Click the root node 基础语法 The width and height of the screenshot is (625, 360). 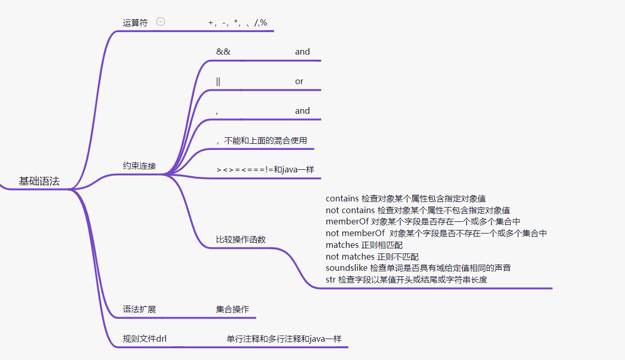tap(39, 181)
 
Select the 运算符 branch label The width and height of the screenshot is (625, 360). tap(135, 23)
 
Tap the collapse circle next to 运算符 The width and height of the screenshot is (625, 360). tap(161, 22)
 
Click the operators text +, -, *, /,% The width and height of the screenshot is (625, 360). tap(238, 23)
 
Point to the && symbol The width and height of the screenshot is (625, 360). tap(223, 52)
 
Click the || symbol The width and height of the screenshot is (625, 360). tap(218, 81)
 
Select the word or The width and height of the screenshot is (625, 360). tap(299, 81)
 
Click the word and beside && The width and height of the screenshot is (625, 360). tap(302, 52)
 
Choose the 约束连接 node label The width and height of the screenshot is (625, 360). tap(139, 166)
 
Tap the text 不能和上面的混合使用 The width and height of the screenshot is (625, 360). tap(265, 140)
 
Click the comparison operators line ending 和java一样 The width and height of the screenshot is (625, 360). tap(265, 169)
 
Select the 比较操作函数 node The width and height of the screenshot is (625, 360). tap(241, 240)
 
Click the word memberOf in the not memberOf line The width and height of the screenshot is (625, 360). tap(363, 234)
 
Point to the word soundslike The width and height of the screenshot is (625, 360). tap(346, 268)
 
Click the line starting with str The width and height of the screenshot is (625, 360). tap(406, 279)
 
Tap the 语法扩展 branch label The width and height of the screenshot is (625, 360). tap(139, 310)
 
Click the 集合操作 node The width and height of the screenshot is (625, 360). tap(233, 310)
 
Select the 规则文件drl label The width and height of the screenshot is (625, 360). tap(144, 339)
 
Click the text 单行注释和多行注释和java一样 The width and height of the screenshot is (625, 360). tap(284, 339)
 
